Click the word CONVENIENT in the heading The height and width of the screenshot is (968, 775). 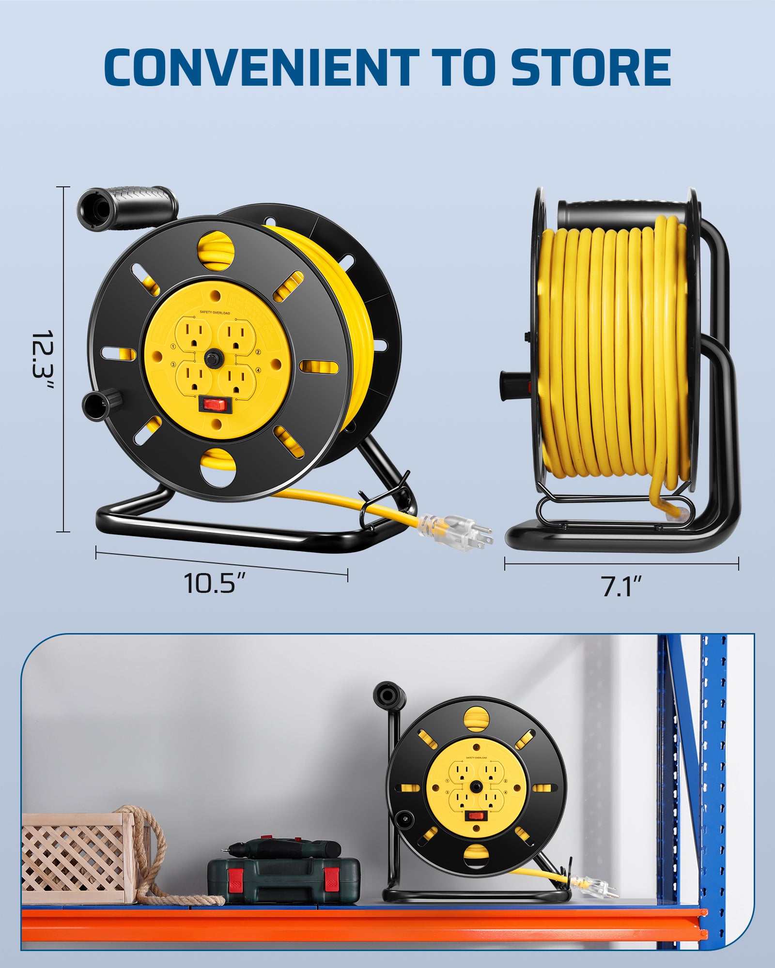pos(262,67)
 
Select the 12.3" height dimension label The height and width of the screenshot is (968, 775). pos(43,361)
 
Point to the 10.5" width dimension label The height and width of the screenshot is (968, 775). pos(216,583)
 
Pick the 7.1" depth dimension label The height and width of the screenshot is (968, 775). pos(621,586)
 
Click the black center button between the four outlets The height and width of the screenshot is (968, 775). pos(212,359)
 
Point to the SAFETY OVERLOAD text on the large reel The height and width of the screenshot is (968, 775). pos(215,313)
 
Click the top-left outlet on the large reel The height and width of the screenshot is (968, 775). pos(193,333)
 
